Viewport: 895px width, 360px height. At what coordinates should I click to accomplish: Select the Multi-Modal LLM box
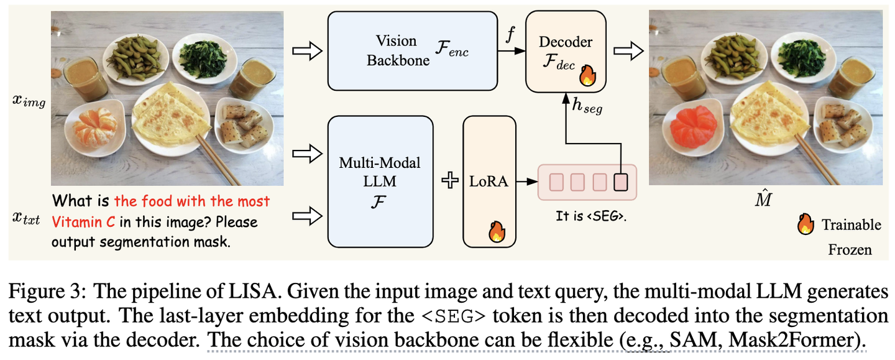click(380, 182)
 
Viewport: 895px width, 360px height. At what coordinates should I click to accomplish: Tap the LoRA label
click(489, 182)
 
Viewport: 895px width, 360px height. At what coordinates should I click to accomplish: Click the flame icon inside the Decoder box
click(587, 76)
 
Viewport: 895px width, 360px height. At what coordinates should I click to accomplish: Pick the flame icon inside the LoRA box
click(497, 232)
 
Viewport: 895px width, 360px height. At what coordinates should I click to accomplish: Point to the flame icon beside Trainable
click(805, 224)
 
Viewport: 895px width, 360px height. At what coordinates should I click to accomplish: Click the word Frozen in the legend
click(850, 250)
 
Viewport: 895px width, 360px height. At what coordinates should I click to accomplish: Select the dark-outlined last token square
click(621, 182)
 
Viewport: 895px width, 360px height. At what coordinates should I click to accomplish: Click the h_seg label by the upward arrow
click(588, 108)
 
